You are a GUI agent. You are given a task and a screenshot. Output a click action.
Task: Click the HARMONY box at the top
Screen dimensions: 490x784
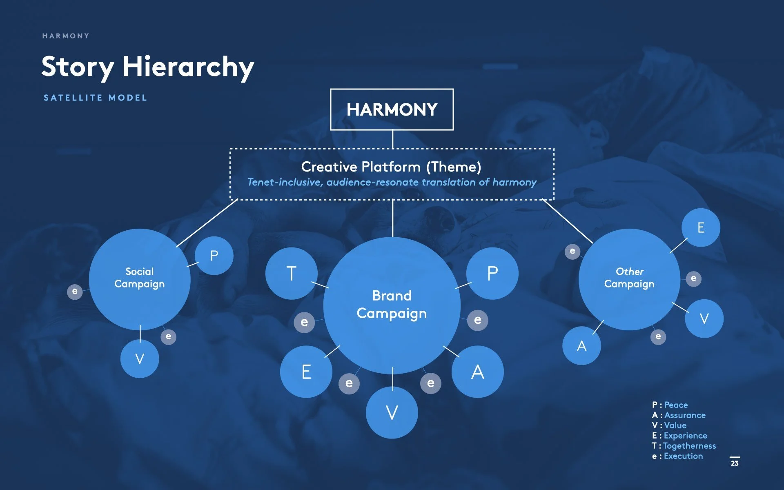(392, 109)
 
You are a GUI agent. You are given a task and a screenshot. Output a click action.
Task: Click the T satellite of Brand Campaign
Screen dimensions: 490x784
(291, 273)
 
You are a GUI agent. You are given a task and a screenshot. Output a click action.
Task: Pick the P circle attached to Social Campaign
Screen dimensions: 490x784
(214, 256)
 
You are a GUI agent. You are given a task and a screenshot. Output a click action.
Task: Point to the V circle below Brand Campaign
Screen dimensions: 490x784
(392, 412)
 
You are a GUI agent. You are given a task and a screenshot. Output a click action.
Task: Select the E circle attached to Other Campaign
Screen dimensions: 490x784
(701, 227)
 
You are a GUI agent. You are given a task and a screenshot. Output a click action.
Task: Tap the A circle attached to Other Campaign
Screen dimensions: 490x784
(581, 345)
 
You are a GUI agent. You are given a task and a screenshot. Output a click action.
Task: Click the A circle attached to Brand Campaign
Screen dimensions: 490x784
(477, 372)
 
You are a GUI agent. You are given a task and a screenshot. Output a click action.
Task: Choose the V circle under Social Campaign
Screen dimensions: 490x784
(140, 359)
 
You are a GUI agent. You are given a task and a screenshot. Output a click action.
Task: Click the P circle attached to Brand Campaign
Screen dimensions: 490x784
(492, 273)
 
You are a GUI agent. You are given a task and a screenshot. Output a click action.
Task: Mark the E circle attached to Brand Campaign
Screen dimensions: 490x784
(306, 372)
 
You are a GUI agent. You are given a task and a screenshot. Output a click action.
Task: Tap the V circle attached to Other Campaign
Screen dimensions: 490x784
(704, 318)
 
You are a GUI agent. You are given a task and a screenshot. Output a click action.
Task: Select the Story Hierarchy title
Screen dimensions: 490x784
(147, 67)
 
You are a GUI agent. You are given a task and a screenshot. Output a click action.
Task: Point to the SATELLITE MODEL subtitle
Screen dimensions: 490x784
(95, 98)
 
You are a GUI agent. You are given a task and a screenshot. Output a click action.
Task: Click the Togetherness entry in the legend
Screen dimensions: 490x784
(689, 446)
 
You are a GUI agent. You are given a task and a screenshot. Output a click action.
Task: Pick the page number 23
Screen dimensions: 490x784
(735, 463)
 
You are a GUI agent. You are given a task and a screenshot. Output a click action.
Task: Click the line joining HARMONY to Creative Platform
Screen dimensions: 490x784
(392, 139)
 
